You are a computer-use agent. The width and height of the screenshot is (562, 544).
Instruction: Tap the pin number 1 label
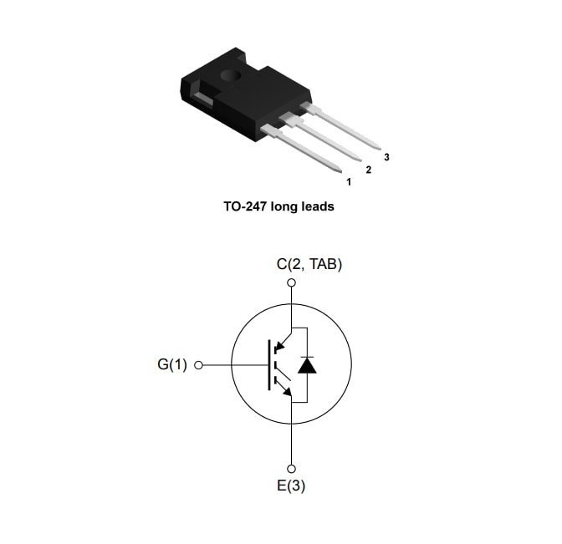pos(348,180)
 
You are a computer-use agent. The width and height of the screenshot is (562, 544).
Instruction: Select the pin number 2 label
pos(368,170)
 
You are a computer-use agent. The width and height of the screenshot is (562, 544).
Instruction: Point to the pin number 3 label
pos(386,157)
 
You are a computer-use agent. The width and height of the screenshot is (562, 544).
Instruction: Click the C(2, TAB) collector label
pos(309,264)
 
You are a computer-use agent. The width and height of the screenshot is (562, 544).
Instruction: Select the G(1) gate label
pos(172,365)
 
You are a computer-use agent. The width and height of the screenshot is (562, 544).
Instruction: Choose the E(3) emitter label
pos(291,486)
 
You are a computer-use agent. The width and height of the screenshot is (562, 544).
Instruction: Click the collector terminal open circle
pos(291,283)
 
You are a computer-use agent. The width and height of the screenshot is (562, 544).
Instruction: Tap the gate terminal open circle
pos(199,365)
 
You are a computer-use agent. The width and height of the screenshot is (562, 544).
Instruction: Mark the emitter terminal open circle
pos(291,468)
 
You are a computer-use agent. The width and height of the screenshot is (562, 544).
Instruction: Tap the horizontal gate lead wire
pos(234,365)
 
